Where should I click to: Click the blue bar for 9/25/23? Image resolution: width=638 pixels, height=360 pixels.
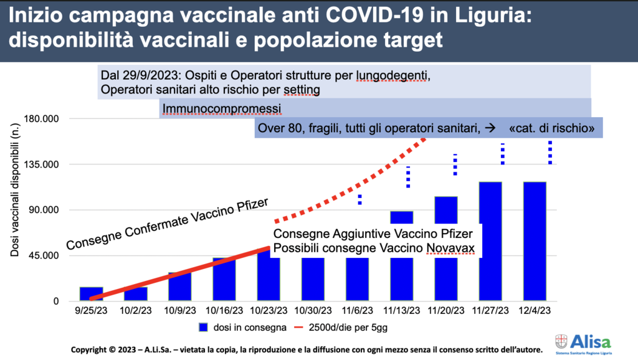(x=91, y=294)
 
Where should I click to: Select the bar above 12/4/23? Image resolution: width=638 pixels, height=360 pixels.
(x=535, y=241)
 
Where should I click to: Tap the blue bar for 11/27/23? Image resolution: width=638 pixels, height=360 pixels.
(x=490, y=241)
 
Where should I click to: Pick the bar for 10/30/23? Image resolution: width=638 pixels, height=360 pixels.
(x=313, y=279)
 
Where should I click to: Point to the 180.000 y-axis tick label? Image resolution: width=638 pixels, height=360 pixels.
(x=42, y=119)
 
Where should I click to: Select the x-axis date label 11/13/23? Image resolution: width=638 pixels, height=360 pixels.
(x=402, y=311)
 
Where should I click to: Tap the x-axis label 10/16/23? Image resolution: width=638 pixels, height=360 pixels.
(x=224, y=311)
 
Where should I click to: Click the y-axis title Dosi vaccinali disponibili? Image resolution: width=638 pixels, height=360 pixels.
(x=15, y=190)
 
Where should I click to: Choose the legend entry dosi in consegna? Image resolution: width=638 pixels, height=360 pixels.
(x=242, y=328)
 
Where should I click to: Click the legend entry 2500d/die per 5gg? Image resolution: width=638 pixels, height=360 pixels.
(x=341, y=328)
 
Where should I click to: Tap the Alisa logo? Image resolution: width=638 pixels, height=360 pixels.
(x=583, y=344)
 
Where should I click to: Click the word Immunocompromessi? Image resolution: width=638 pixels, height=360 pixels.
(x=222, y=109)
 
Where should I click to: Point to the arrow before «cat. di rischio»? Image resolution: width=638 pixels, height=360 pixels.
(x=490, y=128)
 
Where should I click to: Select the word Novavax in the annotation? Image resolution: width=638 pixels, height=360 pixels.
(x=450, y=248)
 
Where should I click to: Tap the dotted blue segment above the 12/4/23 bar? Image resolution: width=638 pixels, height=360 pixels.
(x=550, y=153)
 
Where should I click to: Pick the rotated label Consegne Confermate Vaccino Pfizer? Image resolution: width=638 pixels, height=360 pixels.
(x=168, y=224)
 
